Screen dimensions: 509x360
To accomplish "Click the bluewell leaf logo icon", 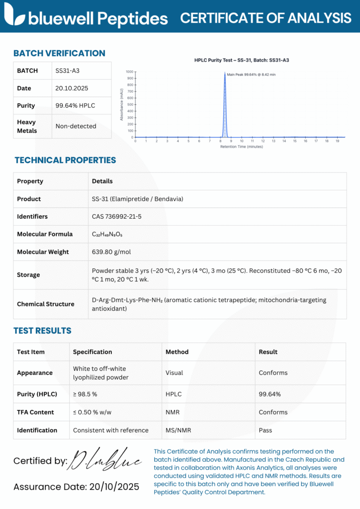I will point(14,15).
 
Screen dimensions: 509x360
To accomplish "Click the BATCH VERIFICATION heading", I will point(59,53).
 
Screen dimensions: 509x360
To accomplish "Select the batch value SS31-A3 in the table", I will point(67,71).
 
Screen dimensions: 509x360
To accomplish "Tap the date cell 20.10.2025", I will point(72,88).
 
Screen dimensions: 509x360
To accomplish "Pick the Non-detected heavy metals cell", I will point(76,126).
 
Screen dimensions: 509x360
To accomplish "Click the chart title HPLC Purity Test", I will point(242,60).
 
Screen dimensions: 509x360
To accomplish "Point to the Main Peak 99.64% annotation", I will point(251,75).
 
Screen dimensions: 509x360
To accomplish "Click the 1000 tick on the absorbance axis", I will point(129,72).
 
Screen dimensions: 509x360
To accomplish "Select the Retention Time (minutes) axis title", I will point(242,147).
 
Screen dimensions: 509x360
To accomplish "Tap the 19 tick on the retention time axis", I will point(337,141).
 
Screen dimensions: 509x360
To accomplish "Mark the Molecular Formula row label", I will point(45,234).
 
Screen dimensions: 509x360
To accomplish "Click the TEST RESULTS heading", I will point(42,331).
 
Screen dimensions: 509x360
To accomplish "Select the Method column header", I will point(177,352).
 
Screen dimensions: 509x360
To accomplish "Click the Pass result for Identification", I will point(266,430).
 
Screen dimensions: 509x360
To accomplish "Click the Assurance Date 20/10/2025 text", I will point(76,487).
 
